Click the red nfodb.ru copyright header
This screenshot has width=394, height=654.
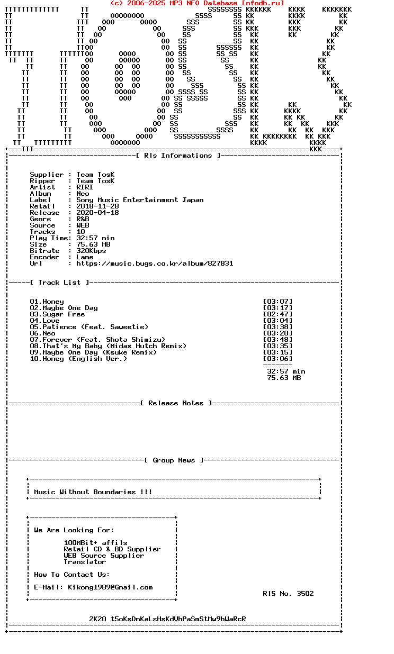197,3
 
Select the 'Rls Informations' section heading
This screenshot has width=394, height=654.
178,156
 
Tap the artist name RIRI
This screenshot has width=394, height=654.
85,187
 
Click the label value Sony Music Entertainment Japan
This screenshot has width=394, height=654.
140,200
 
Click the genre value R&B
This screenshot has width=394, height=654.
83,219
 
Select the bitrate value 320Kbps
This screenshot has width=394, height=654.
91,251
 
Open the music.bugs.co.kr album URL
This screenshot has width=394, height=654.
155,264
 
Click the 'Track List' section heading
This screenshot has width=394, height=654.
59,283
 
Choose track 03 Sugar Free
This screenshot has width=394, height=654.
57,314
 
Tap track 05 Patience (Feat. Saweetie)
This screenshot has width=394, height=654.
89,327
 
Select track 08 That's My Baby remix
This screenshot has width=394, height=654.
108,346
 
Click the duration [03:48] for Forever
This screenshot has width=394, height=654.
277,340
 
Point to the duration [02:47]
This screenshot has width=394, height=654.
277,314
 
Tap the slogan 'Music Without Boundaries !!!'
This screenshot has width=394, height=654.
93,492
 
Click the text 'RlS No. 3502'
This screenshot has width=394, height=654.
288,594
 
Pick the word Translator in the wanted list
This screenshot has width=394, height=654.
85,562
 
